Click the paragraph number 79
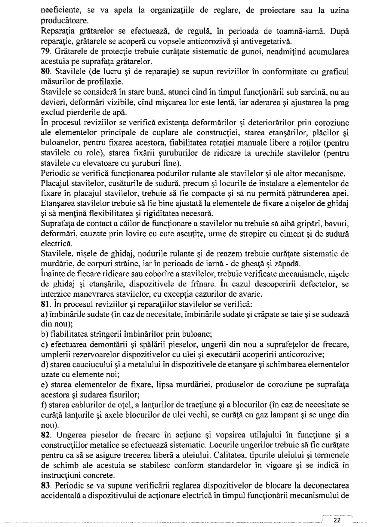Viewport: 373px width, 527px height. (45, 52)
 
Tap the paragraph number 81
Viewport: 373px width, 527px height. (45, 304)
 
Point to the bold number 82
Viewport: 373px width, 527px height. (45, 435)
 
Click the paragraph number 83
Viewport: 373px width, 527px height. (45, 486)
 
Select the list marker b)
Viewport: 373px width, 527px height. (45, 334)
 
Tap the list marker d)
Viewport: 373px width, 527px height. (45, 365)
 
